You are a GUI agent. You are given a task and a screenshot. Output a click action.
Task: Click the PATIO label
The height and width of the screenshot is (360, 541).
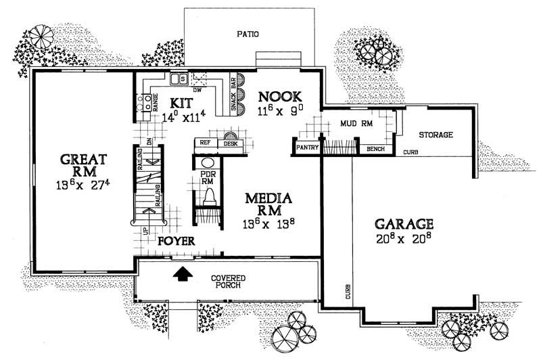tap(248, 33)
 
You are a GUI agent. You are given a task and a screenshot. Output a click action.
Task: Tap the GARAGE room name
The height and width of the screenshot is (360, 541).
tap(401, 223)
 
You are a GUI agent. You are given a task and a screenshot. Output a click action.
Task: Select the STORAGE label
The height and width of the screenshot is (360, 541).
tap(435, 135)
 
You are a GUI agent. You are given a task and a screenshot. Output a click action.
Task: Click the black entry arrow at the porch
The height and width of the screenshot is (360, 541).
tap(181, 274)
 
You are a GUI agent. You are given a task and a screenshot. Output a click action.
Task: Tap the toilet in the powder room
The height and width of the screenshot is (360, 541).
tap(210, 196)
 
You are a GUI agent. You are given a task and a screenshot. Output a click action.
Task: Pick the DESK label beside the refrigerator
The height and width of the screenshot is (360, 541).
tap(230, 143)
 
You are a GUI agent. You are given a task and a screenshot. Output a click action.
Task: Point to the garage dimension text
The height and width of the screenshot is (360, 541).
tap(401, 238)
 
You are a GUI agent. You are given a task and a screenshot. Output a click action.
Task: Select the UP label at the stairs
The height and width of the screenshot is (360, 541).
tap(145, 231)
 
